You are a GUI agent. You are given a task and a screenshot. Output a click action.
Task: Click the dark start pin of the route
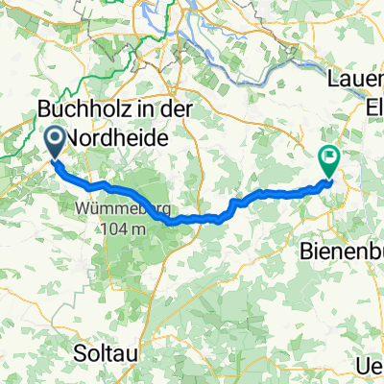(x=54, y=143)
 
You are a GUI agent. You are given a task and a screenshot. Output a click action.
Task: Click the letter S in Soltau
(x=80, y=353)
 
